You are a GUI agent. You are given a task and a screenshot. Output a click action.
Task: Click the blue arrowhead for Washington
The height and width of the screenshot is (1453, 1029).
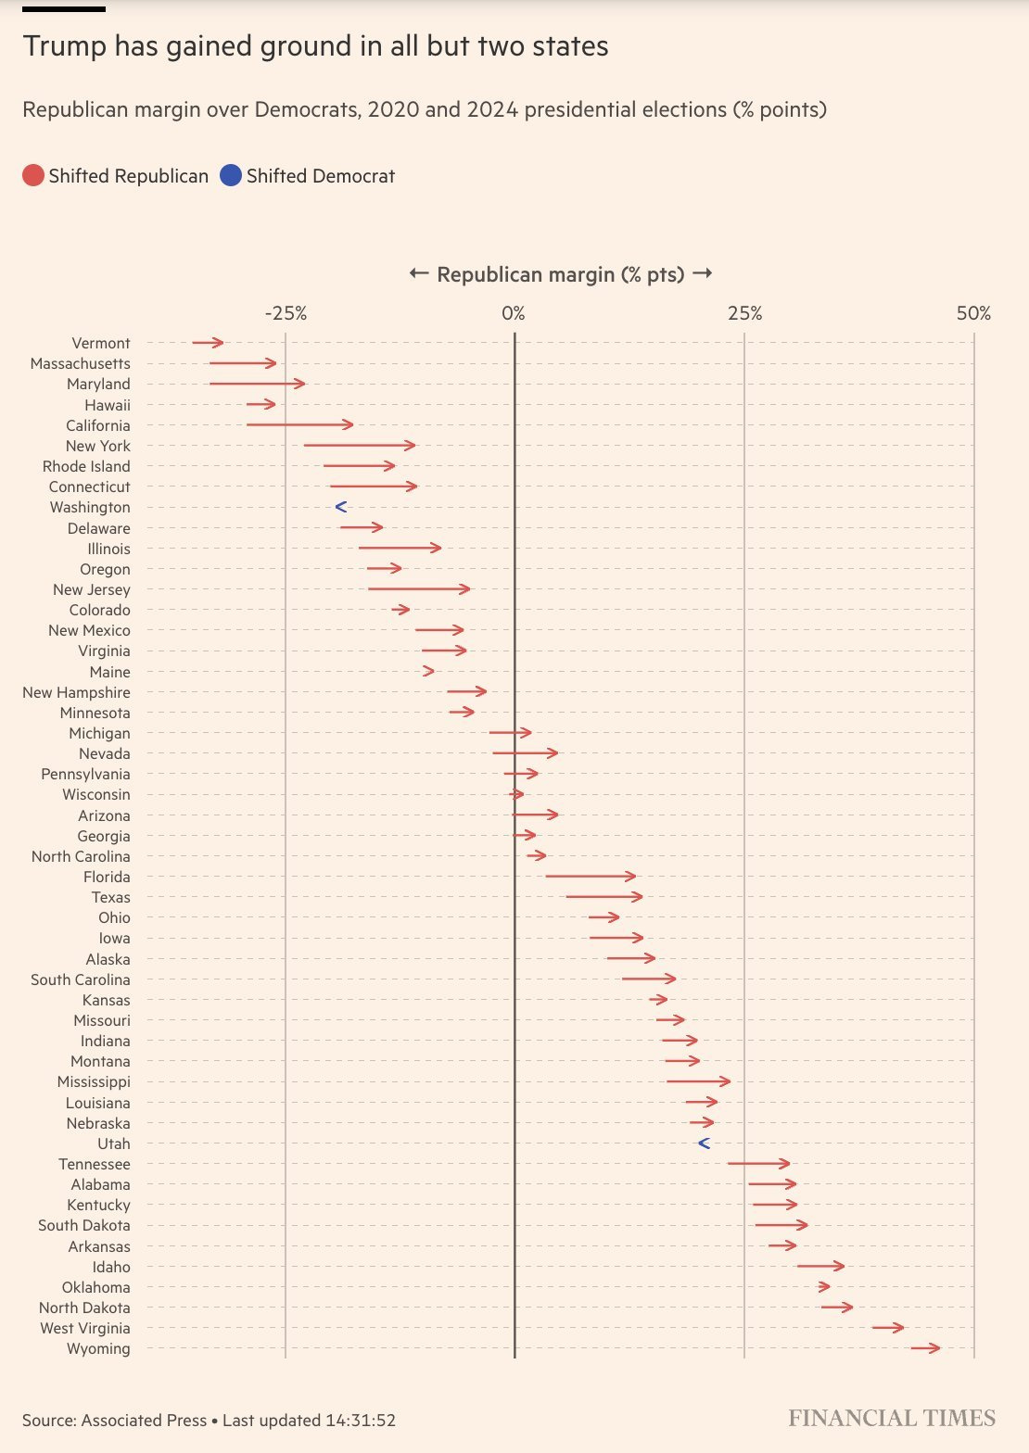(x=340, y=507)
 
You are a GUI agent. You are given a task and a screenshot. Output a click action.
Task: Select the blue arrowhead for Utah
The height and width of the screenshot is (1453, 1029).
(x=704, y=1143)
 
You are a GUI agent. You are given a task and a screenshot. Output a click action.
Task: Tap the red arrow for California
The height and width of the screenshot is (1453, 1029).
(x=299, y=424)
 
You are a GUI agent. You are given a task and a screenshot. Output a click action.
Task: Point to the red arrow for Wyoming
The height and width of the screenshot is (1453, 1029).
(x=925, y=1348)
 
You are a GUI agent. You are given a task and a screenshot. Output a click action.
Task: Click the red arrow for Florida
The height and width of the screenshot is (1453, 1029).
(x=591, y=876)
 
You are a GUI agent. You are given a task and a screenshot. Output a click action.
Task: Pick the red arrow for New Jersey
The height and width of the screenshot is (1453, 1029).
(x=419, y=588)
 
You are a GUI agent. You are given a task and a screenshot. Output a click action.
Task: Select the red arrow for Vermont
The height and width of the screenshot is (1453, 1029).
(x=208, y=343)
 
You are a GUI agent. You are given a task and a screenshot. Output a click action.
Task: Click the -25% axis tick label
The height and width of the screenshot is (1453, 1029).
(x=286, y=313)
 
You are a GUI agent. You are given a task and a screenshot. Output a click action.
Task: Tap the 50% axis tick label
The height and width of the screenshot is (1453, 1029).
(x=973, y=313)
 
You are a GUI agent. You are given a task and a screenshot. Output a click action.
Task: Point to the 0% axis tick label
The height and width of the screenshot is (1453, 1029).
(x=514, y=313)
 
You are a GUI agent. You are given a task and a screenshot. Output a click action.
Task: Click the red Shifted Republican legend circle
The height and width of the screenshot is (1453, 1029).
(x=33, y=175)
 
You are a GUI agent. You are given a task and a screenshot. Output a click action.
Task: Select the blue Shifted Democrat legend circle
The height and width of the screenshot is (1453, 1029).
(x=231, y=175)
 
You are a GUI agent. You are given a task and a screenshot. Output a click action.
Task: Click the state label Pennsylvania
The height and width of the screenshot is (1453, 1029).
(x=85, y=774)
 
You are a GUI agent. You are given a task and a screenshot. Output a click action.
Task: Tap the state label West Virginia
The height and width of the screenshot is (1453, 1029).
(x=84, y=1328)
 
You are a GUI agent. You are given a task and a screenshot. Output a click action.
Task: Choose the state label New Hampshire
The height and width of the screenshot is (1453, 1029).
(x=76, y=692)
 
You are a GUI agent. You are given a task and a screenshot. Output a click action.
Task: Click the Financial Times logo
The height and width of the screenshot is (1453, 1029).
(x=892, y=1418)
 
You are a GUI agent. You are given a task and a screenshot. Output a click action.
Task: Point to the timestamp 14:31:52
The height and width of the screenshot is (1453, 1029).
(x=361, y=1420)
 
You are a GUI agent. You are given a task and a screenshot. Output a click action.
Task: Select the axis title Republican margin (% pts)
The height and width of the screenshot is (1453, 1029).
(x=560, y=274)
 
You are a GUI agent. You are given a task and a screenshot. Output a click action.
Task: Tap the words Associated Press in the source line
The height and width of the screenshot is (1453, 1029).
(x=144, y=1420)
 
